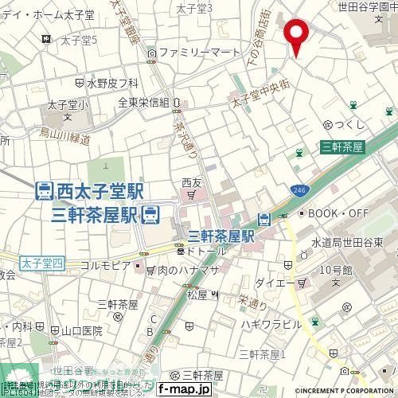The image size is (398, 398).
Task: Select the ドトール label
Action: point(209,251)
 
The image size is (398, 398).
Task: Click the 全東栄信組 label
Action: point(143,102)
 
